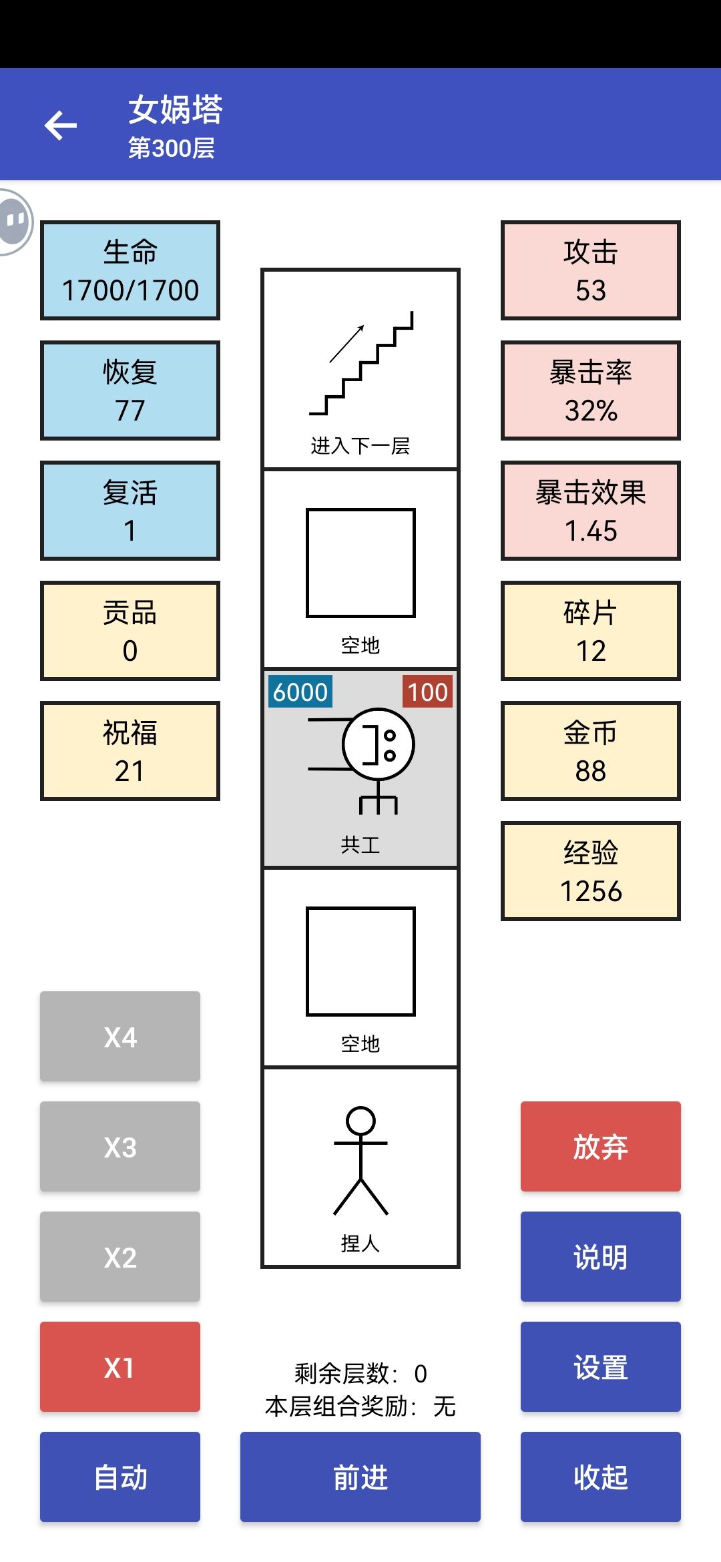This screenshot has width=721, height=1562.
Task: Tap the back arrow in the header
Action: pos(61,125)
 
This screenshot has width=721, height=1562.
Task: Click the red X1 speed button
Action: pos(120,1366)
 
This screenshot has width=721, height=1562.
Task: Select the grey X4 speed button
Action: pos(120,1036)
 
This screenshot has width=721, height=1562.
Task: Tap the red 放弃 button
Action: pos(601,1146)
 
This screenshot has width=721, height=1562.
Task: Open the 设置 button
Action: pos(601,1366)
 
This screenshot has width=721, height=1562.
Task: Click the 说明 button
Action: pos(601,1256)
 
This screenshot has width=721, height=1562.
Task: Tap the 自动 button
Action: pos(120,1477)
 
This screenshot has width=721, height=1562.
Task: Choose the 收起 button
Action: pos(601,1477)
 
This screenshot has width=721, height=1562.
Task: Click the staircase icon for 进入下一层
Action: pos(361,363)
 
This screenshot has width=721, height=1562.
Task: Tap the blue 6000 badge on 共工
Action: pos(300,692)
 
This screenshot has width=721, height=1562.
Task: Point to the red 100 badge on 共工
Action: pos(427,692)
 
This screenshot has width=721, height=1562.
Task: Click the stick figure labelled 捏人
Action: pos(360,1161)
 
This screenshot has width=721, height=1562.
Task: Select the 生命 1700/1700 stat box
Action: pos(130,270)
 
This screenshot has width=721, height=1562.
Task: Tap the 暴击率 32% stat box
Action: pos(591,390)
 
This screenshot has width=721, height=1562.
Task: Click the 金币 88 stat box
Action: pos(591,751)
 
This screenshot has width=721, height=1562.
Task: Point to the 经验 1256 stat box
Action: pos(591,871)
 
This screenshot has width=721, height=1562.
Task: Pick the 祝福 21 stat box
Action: pos(130,751)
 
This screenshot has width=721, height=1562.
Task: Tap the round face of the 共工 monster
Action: pos(379,744)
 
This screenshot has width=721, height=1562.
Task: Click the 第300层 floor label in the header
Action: pos(172,148)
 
